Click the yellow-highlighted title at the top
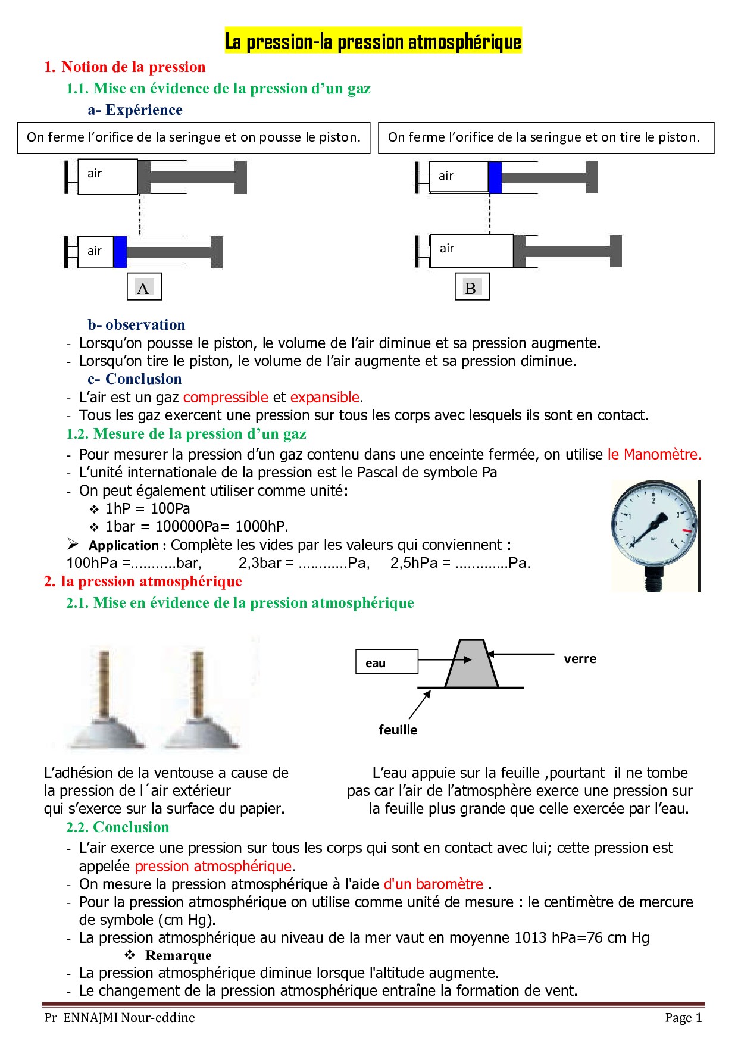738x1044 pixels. click(373, 42)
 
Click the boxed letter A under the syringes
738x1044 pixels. click(143, 287)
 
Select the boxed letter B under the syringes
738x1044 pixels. click(471, 287)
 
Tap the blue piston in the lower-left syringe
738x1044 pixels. click(120, 252)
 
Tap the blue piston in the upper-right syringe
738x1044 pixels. click(495, 177)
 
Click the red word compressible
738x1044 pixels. click(226, 397)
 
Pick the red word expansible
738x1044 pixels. click(325, 397)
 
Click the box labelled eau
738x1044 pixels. click(386, 662)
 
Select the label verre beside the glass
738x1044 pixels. click(580, 659)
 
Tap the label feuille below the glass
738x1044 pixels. click(398, 730)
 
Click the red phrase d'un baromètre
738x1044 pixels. click(433, 884)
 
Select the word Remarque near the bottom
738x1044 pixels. click(178, 955)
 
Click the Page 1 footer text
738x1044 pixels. click(683, 1018)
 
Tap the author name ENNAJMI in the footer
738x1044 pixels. click(91, 1018)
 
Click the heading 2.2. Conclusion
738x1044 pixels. click(118, 827)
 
